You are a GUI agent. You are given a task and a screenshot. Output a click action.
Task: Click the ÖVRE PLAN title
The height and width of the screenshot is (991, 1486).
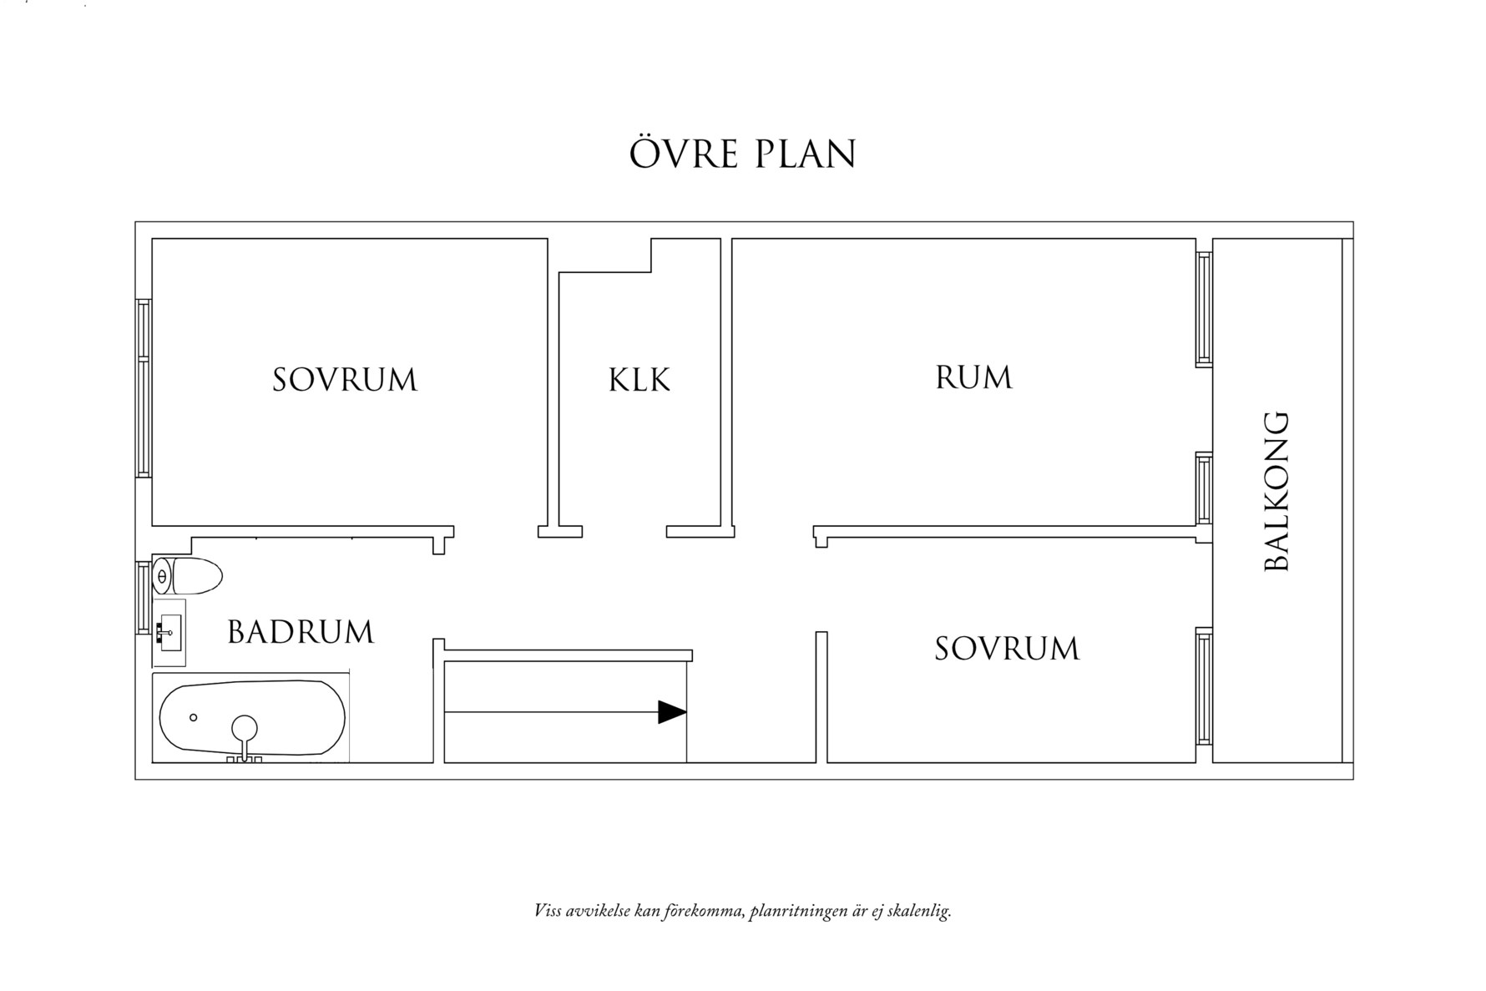pyautogui.click(x=743, y=154)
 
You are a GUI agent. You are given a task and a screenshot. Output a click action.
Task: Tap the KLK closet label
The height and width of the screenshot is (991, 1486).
pyautogui.click(x=639, y=380)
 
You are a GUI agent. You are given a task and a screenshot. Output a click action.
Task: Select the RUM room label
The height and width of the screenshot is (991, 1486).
pyautogui.click(x=973, y=377)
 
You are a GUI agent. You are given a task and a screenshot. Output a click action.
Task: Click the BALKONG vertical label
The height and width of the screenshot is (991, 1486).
pyautogui.click(x=1276, y=491)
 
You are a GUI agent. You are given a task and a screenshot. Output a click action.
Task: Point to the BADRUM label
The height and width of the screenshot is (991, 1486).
pyautogui.click(x=301, y=632)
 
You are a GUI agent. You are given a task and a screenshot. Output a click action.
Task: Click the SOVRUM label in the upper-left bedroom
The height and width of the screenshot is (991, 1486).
pyautogui.click(x=345, y=380)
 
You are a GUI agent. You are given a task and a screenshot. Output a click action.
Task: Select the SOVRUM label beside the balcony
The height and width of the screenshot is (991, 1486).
pyautogui.click(x=1007, y=649)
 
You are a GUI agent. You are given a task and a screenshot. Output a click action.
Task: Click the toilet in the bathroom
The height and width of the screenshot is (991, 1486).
pyautogui.click(x=189, y=576)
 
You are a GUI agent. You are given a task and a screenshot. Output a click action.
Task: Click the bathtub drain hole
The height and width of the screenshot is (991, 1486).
pyautogui.click(x=194, y=717)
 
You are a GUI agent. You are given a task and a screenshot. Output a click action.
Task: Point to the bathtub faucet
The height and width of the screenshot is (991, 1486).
pyautogui.click(x=245, y=732)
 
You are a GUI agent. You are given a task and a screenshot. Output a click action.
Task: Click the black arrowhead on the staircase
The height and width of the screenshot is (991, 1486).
pyautogui.click(x=672, y=712)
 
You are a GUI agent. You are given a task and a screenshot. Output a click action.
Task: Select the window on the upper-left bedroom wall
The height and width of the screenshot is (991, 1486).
pyautogui.click(x=144, y=388)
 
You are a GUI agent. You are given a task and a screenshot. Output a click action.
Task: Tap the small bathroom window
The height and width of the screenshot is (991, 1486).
pyautogui.click(x=143, y=598)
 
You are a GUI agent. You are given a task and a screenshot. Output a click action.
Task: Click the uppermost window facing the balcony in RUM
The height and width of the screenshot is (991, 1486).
pyautogui.click(x=1203, y=309)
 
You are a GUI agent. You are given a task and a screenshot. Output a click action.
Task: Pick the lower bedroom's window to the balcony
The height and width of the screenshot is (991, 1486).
pyautogui.click(x=1203, y=686)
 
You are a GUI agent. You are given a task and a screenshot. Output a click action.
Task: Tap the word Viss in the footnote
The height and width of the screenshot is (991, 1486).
pyautogui.click(x=548, y=911)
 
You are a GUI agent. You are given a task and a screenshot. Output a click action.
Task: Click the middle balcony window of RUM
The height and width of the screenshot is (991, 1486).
pyautogui.click(x=1203, y=488)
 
